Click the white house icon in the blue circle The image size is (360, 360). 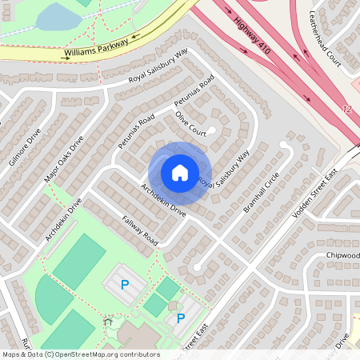point(180,173)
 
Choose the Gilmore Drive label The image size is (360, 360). point(24,149)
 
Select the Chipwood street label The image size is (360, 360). point(342,255)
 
